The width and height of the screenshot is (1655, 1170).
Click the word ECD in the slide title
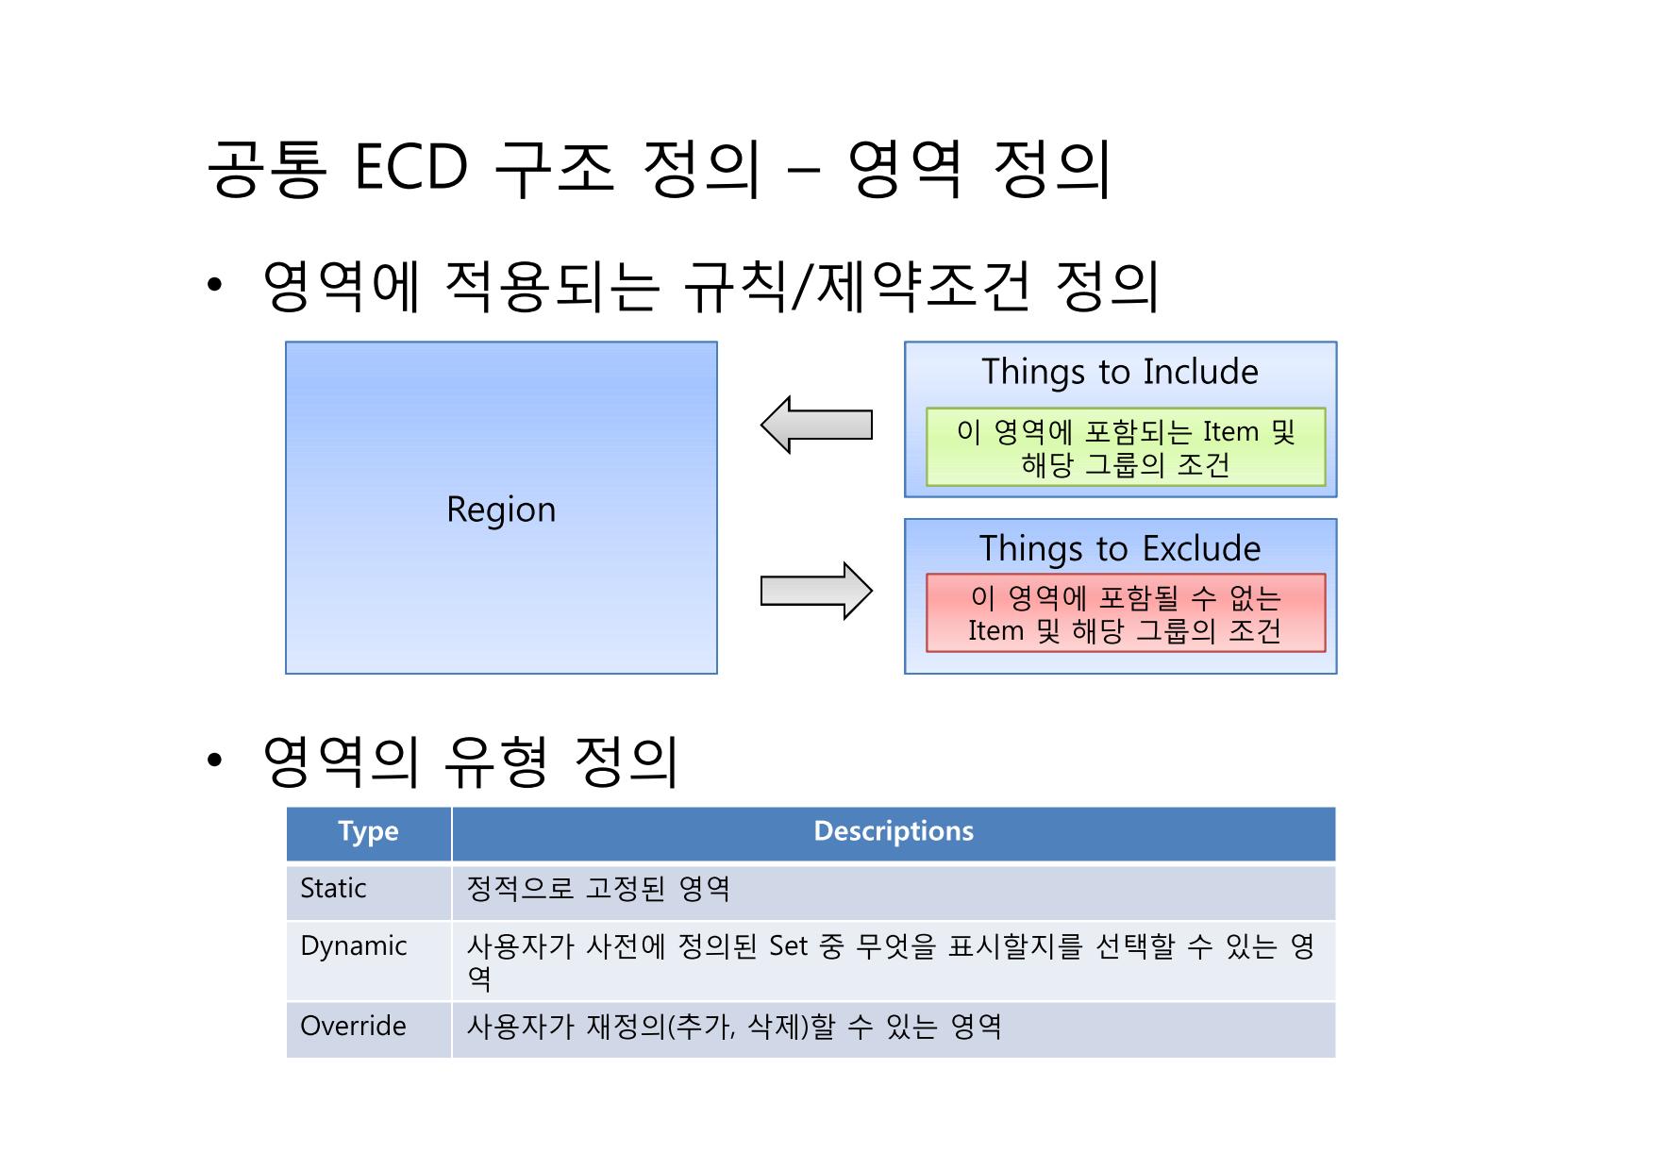pyautogui.click(x=410, y=168)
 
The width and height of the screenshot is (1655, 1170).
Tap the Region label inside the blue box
pyautogui.click(x=501, y=510)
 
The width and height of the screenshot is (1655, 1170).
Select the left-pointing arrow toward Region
pyautogui.click(x=816, y=425)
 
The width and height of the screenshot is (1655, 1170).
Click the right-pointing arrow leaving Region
pyautogui.click(x=816, y=592)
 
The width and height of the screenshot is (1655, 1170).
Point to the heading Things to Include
pyautogui.click(x=1120, y=373)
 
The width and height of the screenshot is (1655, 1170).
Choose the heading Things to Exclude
pyautogui.click(x=1120, y=549)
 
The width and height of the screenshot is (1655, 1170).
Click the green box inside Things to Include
pyautogui.click(x=1126, y=447)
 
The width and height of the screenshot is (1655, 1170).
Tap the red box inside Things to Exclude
pyautogui.click(x=1126, y=613)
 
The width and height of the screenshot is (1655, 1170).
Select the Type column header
pyautogui.click(x=368, y=832)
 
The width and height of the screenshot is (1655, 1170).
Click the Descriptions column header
pyautogui.click(x=894, y=832)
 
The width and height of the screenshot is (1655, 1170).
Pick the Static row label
pyautogui.click(x=333, y=889)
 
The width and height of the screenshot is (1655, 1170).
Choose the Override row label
pyautogui.click(x=353, y=1027)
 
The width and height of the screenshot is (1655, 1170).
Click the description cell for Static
pyautogui.click(x=894, y=892)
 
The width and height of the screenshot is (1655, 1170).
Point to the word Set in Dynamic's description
pyautogui.click(x=789, y=946)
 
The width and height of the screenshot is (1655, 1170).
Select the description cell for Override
pyautogui.click(x=894, y=1029)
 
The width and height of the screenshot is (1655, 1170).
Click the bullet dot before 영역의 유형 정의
pyautogui.click(x=215, y=760)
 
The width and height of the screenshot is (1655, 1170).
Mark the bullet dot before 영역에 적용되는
pyautogui.click(x=215, y=285)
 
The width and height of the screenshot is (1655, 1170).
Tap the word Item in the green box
pyautogui.click(x=1230, y=432)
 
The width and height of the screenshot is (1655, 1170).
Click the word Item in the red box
pyautogui.click(x=996, y=631)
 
